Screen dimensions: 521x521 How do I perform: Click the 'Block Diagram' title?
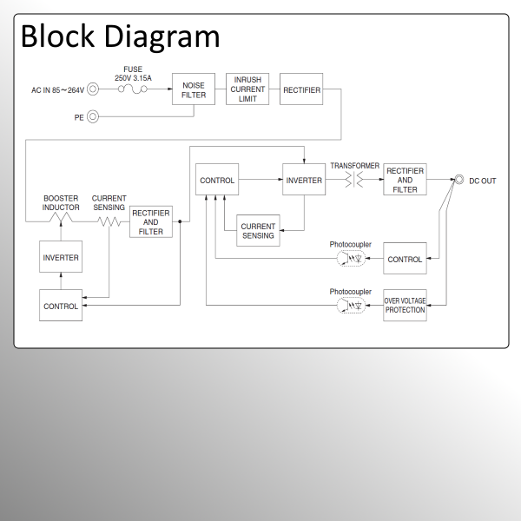pyautogui.click(x=120, y=36)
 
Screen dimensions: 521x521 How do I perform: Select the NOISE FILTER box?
pyautogui.click(x=194, y=89)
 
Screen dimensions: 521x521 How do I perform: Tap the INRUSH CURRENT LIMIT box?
pyautogui.click(x=247, y=89)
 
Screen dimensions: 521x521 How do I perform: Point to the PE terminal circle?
pyautogui.click(x=93, y=116)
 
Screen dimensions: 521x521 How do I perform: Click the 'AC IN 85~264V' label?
pyautogui.click(x=57, y=89)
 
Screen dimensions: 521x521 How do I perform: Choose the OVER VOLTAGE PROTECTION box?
pyautogui.click(x=405, y=306)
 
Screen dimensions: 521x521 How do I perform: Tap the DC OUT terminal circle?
pyautogui.click(x=459, y=181)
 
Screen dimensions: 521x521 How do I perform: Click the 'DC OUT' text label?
pyautogui.click(x=483, y=181)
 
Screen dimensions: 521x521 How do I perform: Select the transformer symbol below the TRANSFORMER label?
pyautogui.click(x=355, y=181)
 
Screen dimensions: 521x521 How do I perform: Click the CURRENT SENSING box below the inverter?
pyautogui.click(x=258, y=231)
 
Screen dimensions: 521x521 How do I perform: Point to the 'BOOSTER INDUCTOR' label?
pyautogui.click(x=61, y=203)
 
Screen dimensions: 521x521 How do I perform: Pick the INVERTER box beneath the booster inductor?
pyautogui.click(x=61, y=258)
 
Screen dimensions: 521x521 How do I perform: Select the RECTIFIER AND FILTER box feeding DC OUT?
pyautogui.click(x=405, y=181)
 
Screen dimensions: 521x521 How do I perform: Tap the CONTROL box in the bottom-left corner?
pyautogui.click(x=61, y=306)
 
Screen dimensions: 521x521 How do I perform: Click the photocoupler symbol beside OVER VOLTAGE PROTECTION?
pyautogui.click(x=351, y=306)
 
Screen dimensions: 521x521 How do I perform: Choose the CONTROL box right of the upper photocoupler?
pyautogui.click(x=405, y=259)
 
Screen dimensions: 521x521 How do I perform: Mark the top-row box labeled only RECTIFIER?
pyautogui.click(x=301, y=89)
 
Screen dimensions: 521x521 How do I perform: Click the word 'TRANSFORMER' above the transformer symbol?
pyautogui.click(x=354, y=165)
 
